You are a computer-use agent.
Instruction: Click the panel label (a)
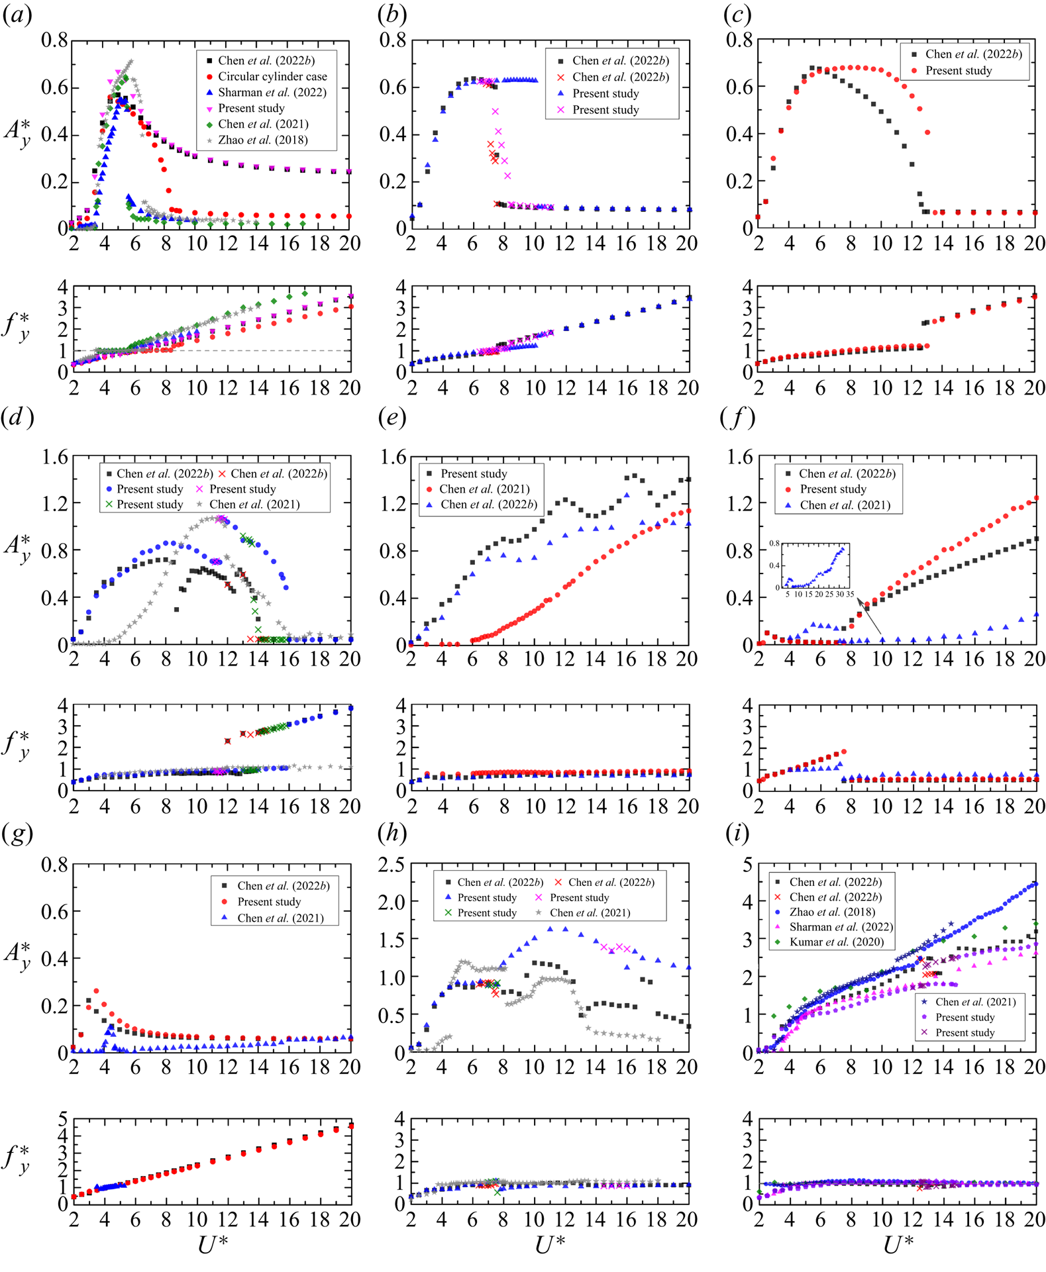(17, 15)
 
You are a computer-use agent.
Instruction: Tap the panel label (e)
(392, 418)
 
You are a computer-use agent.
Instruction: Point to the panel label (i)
(737, 834)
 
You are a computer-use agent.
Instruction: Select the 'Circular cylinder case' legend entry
(272, 77)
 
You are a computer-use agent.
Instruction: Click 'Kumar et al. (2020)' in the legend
(836, 942)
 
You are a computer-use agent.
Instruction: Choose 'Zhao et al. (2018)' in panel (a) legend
(262, 140)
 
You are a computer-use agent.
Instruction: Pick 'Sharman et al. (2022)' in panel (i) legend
(841, 926)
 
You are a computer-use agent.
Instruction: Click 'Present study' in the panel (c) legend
(958, 71)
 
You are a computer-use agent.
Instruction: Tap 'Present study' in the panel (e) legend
(474, 473)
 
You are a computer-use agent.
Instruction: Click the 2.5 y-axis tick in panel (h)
(391, 864)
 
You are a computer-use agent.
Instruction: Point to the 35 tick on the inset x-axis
(849, 594)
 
